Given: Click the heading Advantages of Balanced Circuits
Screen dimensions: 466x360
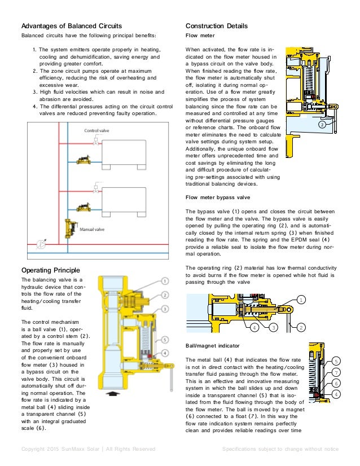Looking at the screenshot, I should [71, 26].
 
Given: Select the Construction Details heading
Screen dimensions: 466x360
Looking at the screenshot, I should [216, 26].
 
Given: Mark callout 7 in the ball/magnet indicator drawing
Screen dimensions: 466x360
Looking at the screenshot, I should [336, 372].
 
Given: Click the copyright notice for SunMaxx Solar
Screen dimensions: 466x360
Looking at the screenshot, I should [87, 449].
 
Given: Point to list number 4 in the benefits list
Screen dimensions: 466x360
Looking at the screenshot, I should [34, 106].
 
